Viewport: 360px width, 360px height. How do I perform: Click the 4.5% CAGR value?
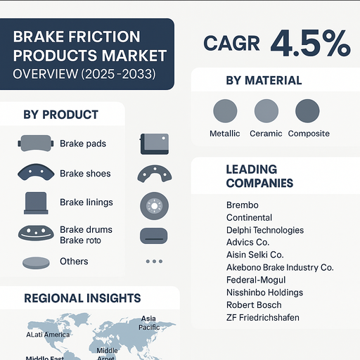(309, 43)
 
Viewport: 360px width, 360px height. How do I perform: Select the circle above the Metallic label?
(225, 111)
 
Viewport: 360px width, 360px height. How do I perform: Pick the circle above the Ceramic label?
(266, 111)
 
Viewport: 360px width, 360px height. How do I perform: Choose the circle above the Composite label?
(308, 111)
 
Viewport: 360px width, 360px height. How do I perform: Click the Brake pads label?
(83, 144)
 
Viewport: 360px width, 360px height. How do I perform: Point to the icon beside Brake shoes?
(35, 173)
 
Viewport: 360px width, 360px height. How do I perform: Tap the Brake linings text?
(86, 202)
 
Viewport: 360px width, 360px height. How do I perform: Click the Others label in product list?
(74, 262)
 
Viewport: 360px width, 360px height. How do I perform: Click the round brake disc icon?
(153, 205)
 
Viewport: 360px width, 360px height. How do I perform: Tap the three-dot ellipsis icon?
(153, 262)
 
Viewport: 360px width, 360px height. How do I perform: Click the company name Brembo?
(243, 205)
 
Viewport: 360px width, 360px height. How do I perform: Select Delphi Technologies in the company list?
(265, 231)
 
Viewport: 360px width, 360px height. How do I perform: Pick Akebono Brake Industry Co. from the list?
(280, 268)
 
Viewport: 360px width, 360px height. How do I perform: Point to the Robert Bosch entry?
(254, 305)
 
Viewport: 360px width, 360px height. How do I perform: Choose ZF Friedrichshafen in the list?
(263, 318)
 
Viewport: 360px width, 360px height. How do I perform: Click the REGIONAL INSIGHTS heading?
(82, 298)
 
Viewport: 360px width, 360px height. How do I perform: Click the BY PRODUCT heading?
(60, 115)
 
